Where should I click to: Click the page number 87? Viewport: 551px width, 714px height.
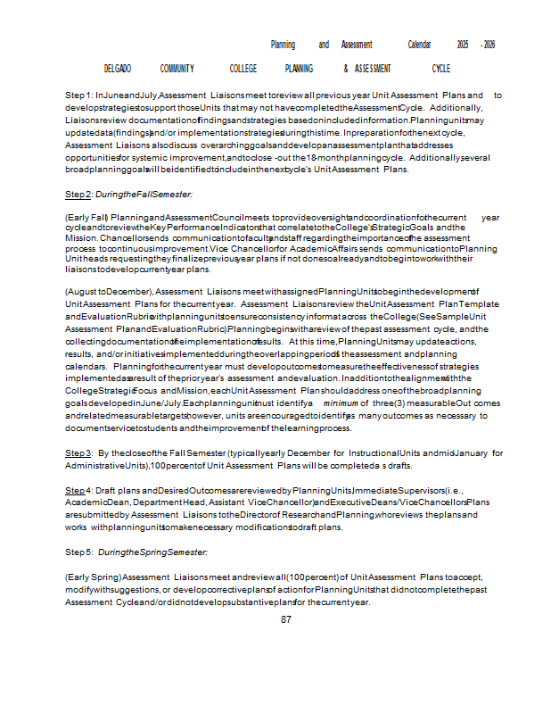coord(286,619)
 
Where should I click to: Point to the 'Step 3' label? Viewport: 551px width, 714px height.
coord(78,453)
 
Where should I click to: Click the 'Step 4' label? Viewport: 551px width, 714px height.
coord(78,491)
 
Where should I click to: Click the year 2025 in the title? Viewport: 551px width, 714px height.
coord(462,45)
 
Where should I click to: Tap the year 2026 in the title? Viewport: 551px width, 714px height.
coord(489,45)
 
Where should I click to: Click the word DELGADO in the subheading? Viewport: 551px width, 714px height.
coord(118,69)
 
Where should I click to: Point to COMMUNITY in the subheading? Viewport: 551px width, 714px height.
coord(177,69)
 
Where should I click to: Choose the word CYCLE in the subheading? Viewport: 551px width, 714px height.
coord(440,69)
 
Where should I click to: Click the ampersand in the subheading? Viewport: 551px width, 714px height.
coord(345,69)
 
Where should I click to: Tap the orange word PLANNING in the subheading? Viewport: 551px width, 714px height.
coord(299,69)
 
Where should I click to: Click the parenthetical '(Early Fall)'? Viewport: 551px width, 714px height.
coord(86,217)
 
